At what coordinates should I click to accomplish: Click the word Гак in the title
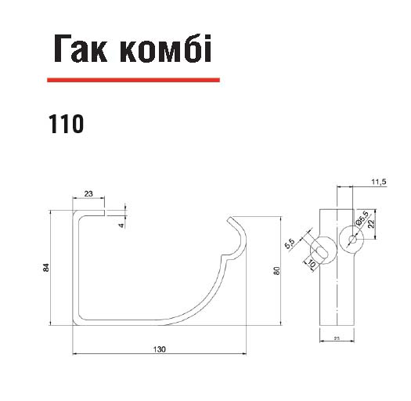click(x=81, y=49)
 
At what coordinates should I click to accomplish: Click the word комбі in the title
click(x=165, y=49)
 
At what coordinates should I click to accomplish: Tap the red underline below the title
click(x=133, y=80)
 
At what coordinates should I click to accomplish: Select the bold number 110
click(x=66, y=124)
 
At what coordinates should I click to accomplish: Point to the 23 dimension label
click(x=88, y=193)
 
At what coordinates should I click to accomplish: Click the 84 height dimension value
click(x=46, y=267)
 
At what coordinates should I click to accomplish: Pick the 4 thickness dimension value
click(x=121, y=226)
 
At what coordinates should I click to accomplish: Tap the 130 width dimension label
click(x=160, y=349)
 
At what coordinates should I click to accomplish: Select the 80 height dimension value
click(x=276, y=271)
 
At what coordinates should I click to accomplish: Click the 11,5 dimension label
click(x=379, y=182)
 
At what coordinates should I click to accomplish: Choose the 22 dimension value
click(x=371, y=223)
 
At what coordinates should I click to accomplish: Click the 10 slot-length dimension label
click(x=312, y=264)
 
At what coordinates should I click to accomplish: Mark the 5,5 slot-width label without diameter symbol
click(x=290, y=244)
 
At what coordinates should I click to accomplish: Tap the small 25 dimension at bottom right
click(x=337, y=338)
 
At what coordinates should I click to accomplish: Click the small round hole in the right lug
click(x=352, y=239)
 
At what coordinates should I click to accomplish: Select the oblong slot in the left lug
click(x=321, y=251)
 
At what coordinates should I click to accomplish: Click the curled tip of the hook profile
click(x=230, y=219)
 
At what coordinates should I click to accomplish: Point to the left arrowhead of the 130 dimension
click(x=74, y=354)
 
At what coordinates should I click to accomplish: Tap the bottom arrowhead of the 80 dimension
click(x=281, y=323)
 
